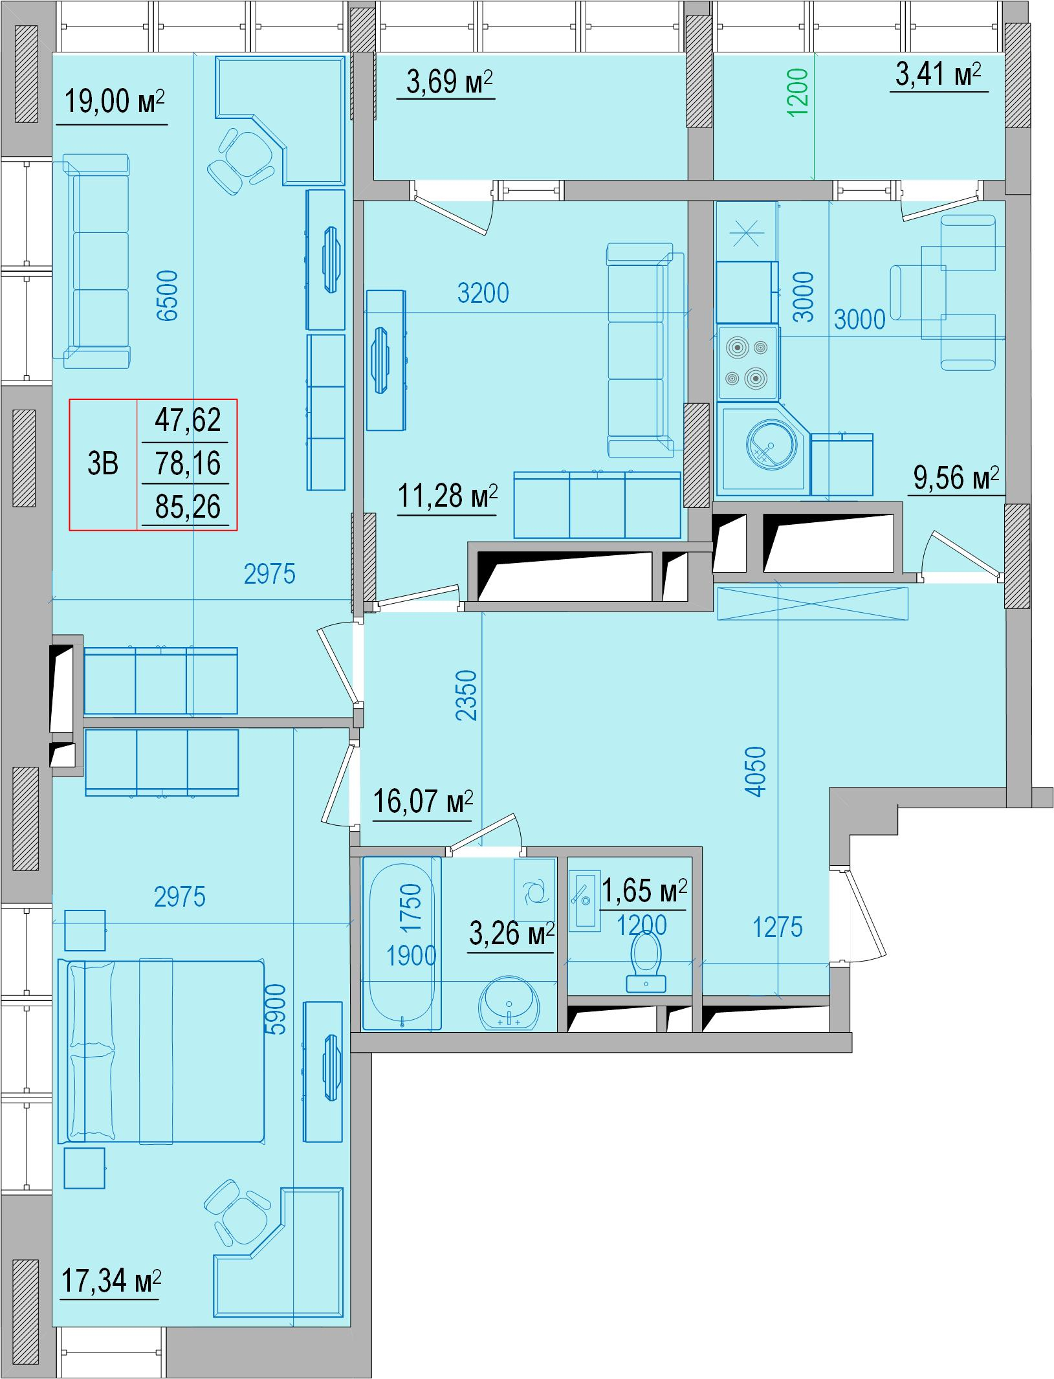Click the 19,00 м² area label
tap(115, 102)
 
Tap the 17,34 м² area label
tap(111, 1281)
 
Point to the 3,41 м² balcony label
tap(938, 74)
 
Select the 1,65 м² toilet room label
tap(644, 892)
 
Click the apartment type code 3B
tap(103, 463)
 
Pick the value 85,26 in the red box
tap(188, 507)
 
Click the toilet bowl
tap(646, 962)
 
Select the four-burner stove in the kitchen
tap(747, 362)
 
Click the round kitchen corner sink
tap(769, 447)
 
